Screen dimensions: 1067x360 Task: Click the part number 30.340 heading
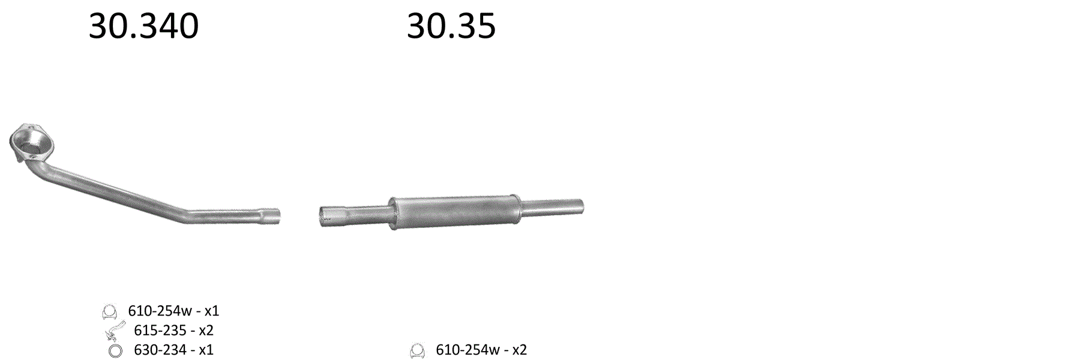pyautogui.click(x=143, y=26)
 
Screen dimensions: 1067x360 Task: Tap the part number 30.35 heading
pyautogui.click(x=451, y=26)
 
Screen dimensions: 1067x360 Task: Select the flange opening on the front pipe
pyautogui.click(x=31, y=142)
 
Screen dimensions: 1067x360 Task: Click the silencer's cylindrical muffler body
pyautogui.click(x=455, y=213)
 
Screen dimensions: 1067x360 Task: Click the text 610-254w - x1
pyautogui.click(x=173, y=311)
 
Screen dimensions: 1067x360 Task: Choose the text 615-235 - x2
pyautogui.click(x=173, y=330)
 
